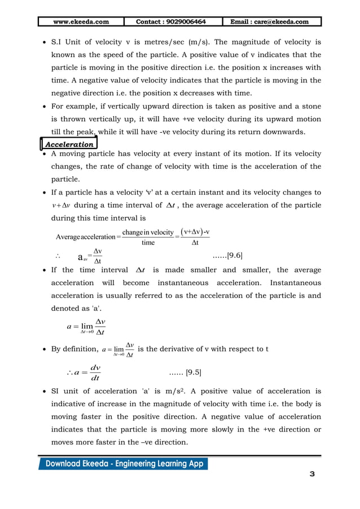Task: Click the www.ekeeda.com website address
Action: pyautogui.click(x=80, y=22)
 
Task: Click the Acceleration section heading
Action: pyautogui.click(x=69, y=144)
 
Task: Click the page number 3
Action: pyautogui.click(x=312, y=474)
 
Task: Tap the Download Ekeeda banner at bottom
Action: pyautogui.click(x=122, y=464)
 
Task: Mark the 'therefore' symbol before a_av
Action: pyautogui.click(x=56, y=256)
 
